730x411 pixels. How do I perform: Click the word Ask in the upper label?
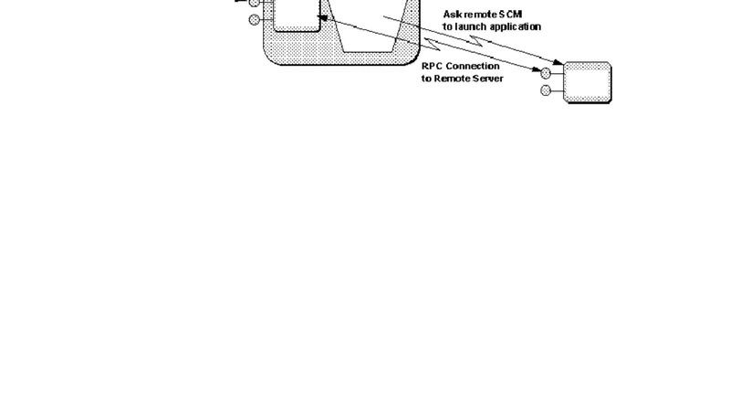(452, 14)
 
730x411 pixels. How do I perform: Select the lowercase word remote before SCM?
(479, 14)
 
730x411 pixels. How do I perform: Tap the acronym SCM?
(511, 14)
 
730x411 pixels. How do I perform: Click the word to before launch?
(447, 26)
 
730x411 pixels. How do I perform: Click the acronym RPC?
(432, 66)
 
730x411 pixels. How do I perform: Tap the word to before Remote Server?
(426, 79)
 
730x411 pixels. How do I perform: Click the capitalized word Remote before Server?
(454, 79)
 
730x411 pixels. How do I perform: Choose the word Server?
(489, 79)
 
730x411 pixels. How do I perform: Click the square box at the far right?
(589, 82)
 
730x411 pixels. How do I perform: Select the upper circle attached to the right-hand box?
(546, 73)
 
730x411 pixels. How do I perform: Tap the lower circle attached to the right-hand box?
(546, 90)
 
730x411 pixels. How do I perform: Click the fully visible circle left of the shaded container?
(255, 19)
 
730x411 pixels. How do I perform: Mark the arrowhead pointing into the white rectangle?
(322, 16)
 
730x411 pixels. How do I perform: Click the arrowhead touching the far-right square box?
(560, 63)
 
